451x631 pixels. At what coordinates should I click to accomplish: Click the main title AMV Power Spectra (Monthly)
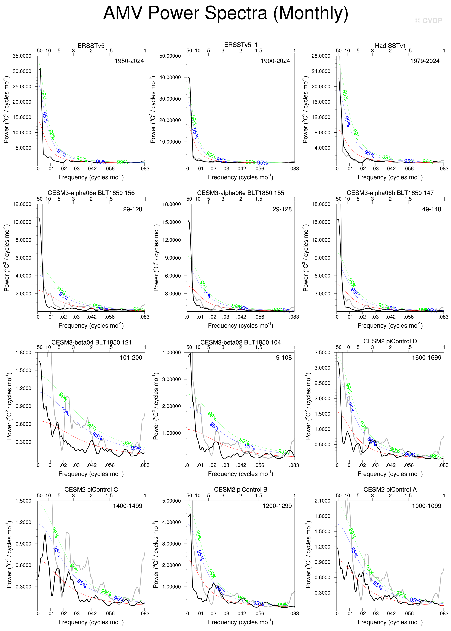(225, 13)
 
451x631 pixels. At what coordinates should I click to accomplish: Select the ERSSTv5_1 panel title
(241, 45)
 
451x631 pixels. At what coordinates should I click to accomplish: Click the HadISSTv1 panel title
(390, 46)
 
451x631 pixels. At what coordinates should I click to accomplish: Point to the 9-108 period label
(284, 358)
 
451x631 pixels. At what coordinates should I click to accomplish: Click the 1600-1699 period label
(426, 358)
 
